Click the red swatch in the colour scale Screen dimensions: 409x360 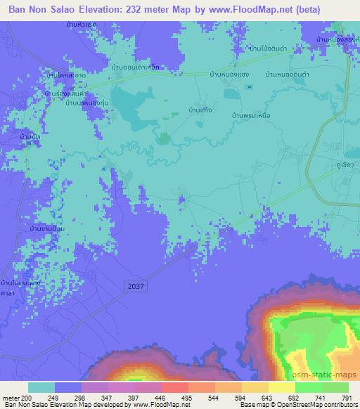point(176,387)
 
